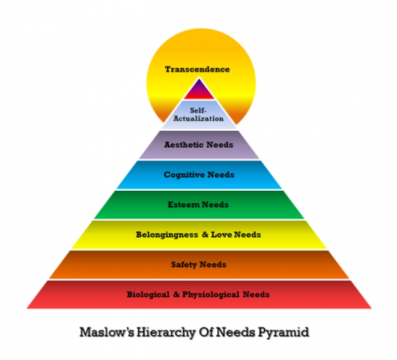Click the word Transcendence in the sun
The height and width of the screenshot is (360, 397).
(x=197, y=69)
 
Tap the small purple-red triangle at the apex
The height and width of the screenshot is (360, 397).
(x=198, y=90)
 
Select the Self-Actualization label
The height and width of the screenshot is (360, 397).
(x=198, y=115)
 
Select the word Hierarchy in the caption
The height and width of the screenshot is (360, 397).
(x=157, y=331)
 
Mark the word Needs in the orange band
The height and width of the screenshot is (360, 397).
(x=213, y=265)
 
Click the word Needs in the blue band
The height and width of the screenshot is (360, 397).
(x=220, y=175)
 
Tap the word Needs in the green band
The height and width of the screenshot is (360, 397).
(x=214, y=205)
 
